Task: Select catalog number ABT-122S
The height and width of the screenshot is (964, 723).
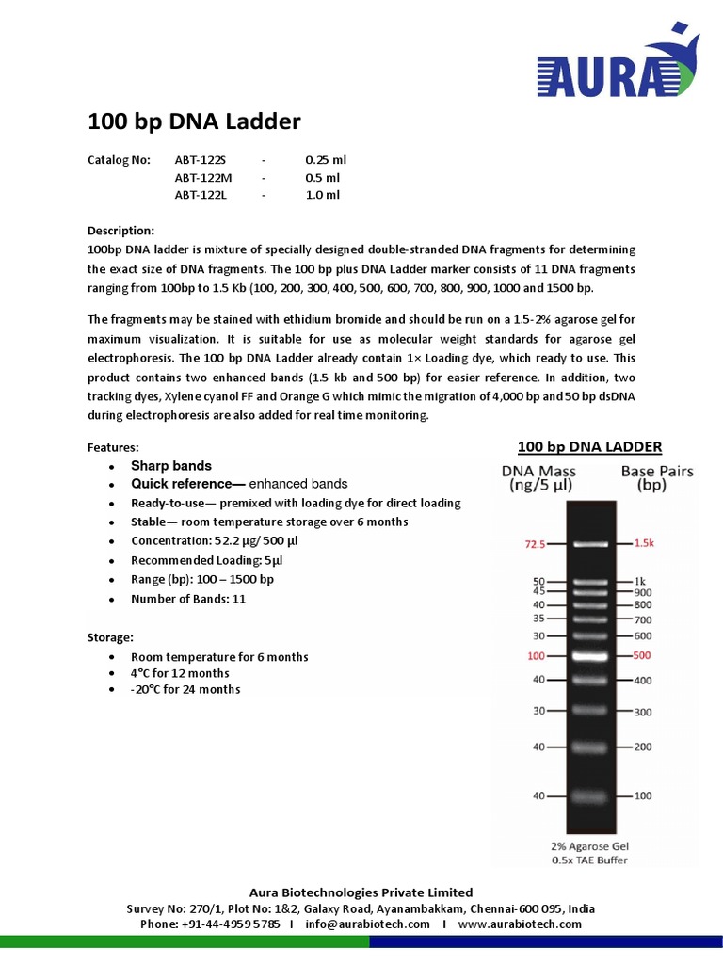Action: click(x=201, y=160)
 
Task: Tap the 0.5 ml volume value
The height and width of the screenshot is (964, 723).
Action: click(x=323, y=177)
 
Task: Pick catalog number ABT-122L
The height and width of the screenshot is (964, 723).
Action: click(x=201, y=195)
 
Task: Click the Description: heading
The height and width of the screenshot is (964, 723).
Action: click(x=120, y=231)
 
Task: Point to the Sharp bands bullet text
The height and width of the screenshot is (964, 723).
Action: click(x=171, y=466)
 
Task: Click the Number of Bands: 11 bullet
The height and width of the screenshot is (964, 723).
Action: click(x=188, y=599)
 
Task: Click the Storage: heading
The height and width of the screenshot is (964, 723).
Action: click(x=110, y=637)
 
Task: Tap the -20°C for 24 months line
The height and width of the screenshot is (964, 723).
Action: click(x=185, y=689)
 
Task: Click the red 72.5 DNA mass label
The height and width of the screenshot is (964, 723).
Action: click(x=535, y=544)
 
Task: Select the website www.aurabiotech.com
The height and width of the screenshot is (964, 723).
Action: click(x=520, y=924)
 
